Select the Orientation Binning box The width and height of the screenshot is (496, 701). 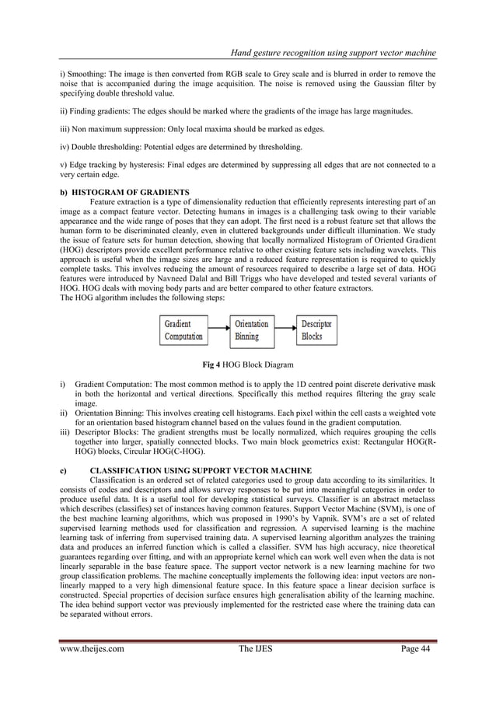[253, 330]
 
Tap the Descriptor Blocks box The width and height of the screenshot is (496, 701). [320, 330]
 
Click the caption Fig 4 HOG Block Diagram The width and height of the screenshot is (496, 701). [248, 364]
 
